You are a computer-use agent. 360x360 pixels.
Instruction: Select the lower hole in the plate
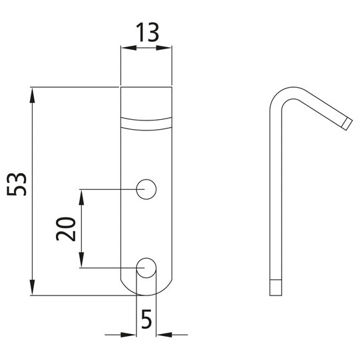tap(146, 268)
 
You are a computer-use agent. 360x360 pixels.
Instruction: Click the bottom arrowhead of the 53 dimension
tap(32, 289)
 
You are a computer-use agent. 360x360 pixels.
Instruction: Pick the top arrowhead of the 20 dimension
tap(81, 195)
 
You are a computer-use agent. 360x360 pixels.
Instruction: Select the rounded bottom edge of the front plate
tap(146, 293)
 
